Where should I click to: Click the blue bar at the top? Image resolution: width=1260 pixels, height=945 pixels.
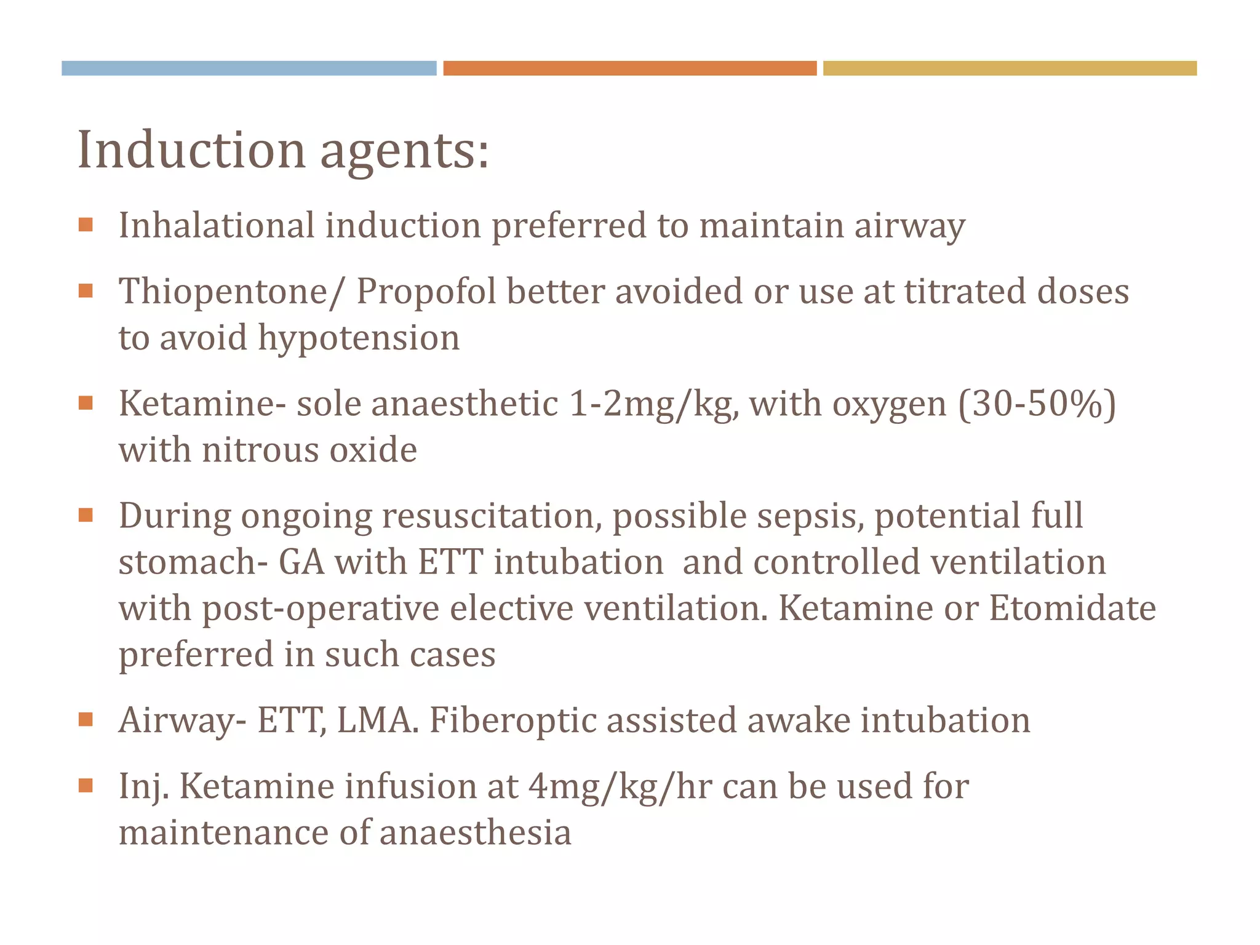pyautogui.click(x=249, y=68)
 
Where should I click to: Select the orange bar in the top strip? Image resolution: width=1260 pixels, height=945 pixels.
pyautogui.click(x=629, y=68)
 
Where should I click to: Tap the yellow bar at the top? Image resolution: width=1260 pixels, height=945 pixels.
pyautogui.click(x=1010, y=68)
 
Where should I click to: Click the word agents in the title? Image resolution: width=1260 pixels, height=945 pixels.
pyautogui.click(x=404, y=151)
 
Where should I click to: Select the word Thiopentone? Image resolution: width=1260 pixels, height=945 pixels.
pyautogui.click(x=223, y=291)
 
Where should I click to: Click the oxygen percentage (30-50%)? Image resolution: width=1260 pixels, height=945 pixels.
pyautogui.click(x=1037, y=404)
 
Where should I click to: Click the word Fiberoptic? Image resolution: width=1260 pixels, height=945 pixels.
pyautogui.click(x=512, y=720)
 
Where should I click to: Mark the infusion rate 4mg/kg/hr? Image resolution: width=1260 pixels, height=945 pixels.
pyautogui.click(x=620, y=786)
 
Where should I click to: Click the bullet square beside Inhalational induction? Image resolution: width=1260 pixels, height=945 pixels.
pyautogui.click(x=86, y=225)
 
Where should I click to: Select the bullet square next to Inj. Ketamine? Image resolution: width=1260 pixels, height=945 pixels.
pyautogui.click(x=86, y=786)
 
